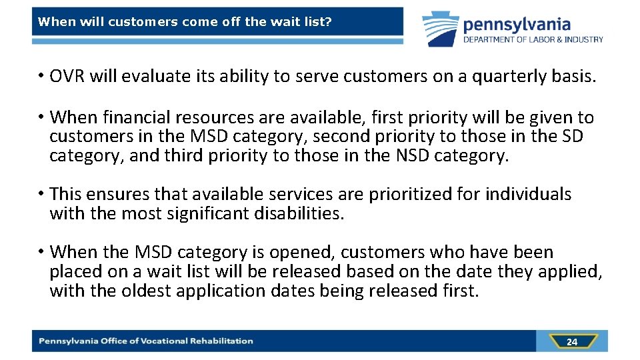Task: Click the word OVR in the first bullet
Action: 68,77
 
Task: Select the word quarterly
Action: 511,77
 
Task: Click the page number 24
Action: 571,342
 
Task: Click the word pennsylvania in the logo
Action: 517,25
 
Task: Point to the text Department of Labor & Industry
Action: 533,39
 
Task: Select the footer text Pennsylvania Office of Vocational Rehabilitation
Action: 145,341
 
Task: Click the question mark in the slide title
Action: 329,21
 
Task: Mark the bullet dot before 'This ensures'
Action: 41,194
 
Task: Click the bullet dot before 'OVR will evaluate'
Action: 41,77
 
